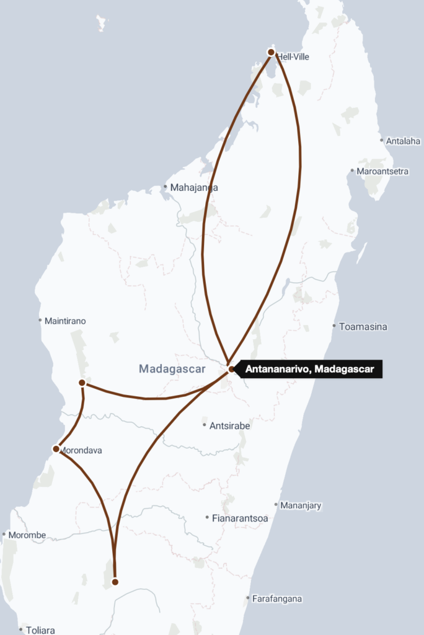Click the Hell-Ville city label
[x=293, y=57]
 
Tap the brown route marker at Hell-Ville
[x=271, y=52]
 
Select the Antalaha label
[x=404, y=141]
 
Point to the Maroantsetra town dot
[x=352, y=171]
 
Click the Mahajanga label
[x=195, y=187]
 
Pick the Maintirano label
[x=65, y=321]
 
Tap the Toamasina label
[x=363, y=326]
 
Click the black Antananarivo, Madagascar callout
[x=310, y=370]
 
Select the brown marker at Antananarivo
[x=231, y=370]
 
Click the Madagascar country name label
[x=172, y=370]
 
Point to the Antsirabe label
[x=230, y=425]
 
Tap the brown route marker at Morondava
[x=56, y=449]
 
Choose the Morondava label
[x=81, y=450]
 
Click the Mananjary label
[x=301, y=505]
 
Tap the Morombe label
[x=27, y=535]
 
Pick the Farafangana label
[x=277, y=599]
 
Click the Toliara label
[x=40, y=630]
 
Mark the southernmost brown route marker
[x=115, y=582]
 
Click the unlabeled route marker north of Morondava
[x=82, y=383]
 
